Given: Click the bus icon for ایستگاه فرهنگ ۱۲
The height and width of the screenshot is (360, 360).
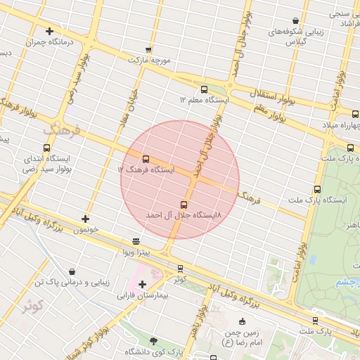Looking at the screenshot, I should [146, 159].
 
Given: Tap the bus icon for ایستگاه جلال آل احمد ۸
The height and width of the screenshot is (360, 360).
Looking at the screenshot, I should [184, 204].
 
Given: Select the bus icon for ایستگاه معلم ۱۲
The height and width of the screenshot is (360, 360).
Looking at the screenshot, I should [204, 89].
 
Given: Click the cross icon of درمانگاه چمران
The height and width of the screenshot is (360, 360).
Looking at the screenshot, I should [49, 31].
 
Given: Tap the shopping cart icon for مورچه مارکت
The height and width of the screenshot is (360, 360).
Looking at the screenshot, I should [148, 49].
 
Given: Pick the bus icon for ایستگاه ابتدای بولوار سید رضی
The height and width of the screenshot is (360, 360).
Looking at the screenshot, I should [47, 148].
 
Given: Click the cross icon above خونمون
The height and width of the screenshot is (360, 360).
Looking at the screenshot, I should [85, 219].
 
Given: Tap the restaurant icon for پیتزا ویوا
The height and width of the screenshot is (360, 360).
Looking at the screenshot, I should [136, 241].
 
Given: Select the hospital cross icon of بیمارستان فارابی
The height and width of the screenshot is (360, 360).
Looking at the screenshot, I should [143, 284].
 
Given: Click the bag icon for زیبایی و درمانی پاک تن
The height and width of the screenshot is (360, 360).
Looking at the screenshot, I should [72, 271].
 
